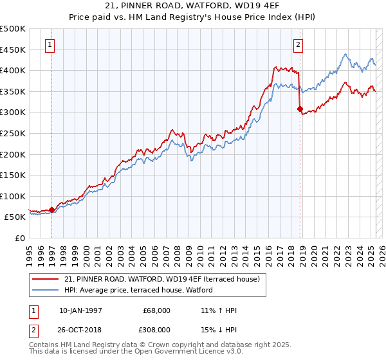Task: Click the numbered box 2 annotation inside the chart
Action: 299,45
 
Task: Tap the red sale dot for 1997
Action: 51,209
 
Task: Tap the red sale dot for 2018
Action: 300,109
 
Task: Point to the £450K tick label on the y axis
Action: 13,50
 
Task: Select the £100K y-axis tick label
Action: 13,196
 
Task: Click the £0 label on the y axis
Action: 21,238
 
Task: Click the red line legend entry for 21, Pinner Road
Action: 161,279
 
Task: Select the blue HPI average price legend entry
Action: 142,290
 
